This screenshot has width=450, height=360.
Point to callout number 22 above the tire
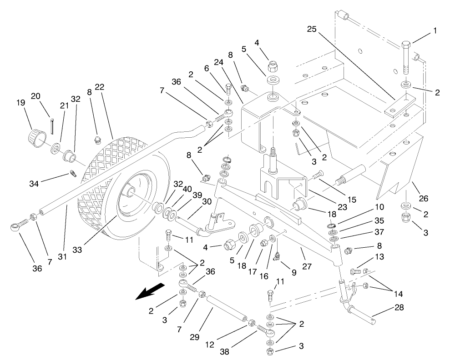(100, 87)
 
